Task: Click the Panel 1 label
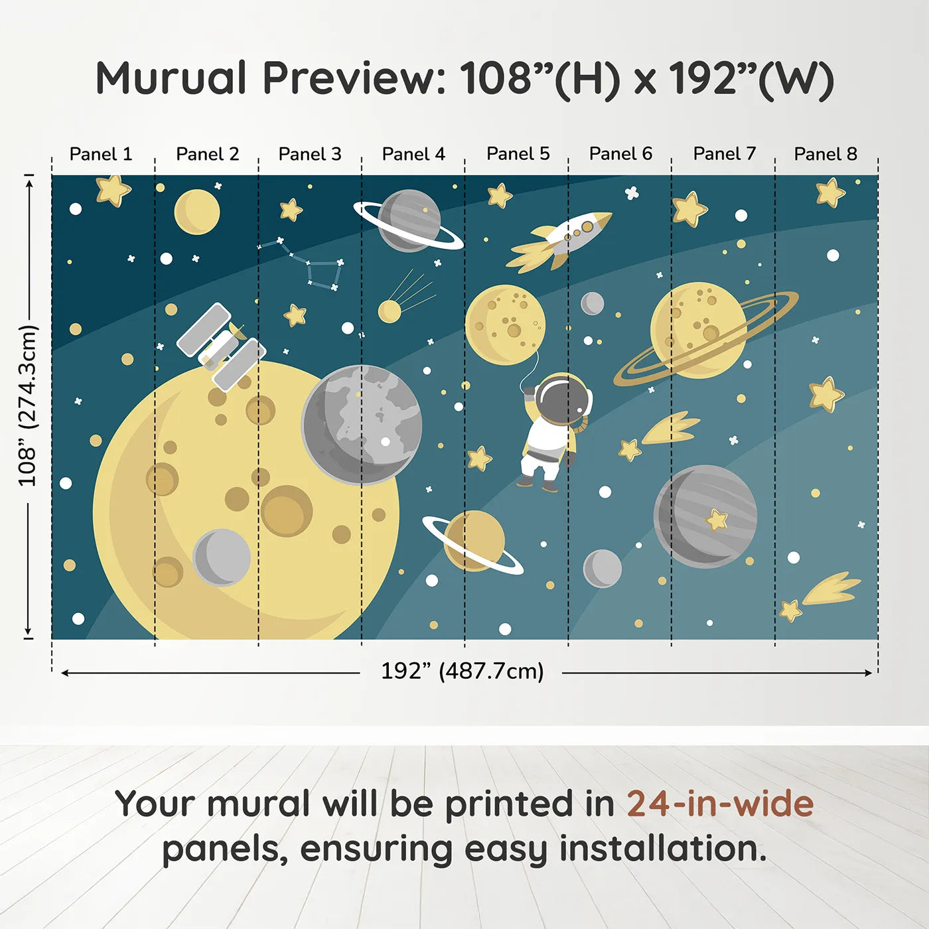101,154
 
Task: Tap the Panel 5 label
518,154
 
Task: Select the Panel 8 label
825,154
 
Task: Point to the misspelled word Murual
171,78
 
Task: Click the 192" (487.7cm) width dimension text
462,672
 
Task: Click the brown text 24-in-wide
720,804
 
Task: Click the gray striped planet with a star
705,516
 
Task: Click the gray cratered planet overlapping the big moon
362,425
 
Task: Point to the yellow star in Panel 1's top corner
112,190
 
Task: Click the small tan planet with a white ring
474,541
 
